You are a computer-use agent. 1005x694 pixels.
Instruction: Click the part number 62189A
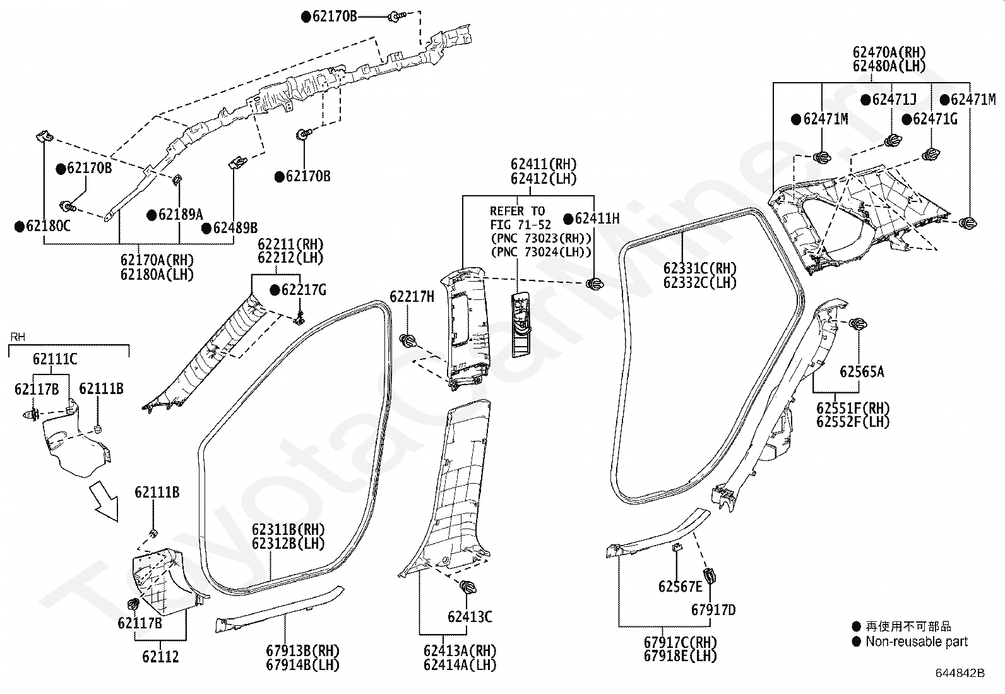pyautogui.click(x=181, y=215)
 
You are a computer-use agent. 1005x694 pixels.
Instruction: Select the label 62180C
pyautogui.click(x=49, y=226)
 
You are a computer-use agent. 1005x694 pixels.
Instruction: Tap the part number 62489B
pyautogui.click(x=235, y=228)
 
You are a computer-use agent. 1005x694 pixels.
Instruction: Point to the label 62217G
pyautogui.click(x=304, y=290)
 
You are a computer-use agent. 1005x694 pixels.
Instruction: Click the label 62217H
pyautogui.click(x=412, y=297)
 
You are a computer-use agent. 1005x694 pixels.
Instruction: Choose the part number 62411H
pyautogui.click(x=597, y=218)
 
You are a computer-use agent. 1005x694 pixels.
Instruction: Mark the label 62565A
pyautogui.click(x=862, y=372)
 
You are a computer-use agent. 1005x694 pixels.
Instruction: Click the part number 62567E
pyautogui.click(x=680, y=586)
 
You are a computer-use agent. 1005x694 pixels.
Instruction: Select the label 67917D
pyautogui.click(x=713, y=609)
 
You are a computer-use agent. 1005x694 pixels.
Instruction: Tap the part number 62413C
pyautogui.click(x=470, y=617)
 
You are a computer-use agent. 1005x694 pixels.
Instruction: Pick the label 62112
pyautogui.click(x=160, y=657)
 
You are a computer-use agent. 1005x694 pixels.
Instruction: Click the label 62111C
pyautogui.click(x=55, y=359)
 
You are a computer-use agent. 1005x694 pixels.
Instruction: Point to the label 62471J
pyautogui.click(x=894, y=99)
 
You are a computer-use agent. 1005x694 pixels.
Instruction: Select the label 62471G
pyautogui.click(x=935, y=119)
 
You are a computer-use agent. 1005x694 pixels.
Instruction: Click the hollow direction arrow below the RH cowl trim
pyautogui.click(x=104, y=501)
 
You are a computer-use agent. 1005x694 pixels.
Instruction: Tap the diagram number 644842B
pyautogui.click(x=960, y=673)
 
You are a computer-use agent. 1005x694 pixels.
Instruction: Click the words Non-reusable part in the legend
pyautogui.click(x=917, y=642)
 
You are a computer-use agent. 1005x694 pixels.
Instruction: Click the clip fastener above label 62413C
pyautogui.click(x=468, y=587)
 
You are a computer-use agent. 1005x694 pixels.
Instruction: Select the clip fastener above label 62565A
pyautogui.click(x=858, y=324)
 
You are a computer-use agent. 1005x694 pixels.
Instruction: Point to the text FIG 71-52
pyautogui.click(x=520, y=224)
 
